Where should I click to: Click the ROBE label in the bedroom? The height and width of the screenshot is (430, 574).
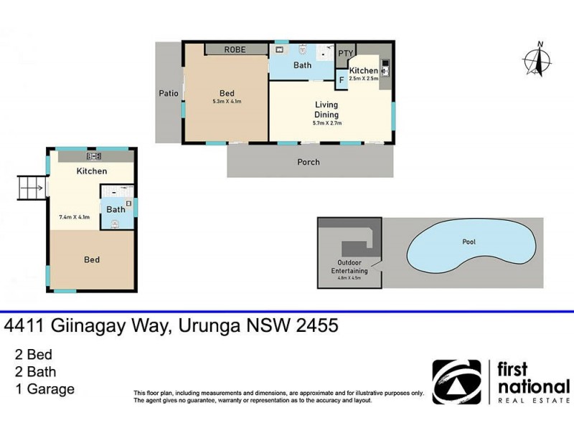(x=235, y=49)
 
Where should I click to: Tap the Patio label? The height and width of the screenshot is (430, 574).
(x=169, y=92)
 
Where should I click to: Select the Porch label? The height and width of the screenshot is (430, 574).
(x=309, y=162)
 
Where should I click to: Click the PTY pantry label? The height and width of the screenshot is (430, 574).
(x=345, y=53)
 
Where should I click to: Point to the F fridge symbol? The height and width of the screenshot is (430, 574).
(x=342, y=79)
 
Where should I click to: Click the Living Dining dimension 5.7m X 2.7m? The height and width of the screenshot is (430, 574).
(x=326, y=123)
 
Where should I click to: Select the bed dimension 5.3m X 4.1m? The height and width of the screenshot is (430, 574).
(x=227, y=102)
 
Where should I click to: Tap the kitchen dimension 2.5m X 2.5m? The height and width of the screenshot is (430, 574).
(x=363, y=79)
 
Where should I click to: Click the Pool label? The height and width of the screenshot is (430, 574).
(x=469, y=242)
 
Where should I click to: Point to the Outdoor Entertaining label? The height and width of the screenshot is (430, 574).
(x=349, y=267)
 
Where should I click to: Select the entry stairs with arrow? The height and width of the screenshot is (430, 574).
(x=31, y=188)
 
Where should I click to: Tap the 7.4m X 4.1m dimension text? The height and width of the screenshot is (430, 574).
(x=74, y=216)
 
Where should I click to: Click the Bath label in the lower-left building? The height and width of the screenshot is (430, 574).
(x=116, y=209)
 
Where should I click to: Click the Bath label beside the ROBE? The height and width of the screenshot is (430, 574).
(x=302, y=65)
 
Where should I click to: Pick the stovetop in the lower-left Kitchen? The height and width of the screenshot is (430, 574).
(x=93, y=156)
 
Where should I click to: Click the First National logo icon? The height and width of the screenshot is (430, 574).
(x=456, y=382)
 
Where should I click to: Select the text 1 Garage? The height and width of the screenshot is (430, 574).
(x=44, y=390)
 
